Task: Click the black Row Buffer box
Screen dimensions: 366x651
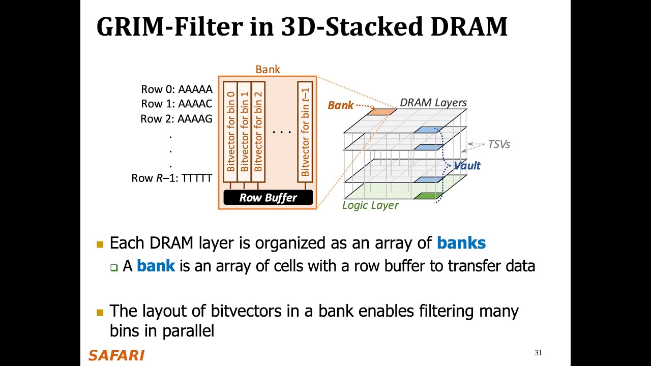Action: coord(268,197)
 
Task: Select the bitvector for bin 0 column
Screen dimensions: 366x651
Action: coord(230,132)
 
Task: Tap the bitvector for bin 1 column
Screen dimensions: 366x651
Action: coord(245,132)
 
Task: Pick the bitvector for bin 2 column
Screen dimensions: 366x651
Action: coord(258,132)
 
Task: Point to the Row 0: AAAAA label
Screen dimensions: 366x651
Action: coord(176,89)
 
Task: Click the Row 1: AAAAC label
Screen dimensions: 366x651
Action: coord(176,104)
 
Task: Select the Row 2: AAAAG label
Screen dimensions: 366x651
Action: coord(176,119)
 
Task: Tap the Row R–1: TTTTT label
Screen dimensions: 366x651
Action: coord(171,178)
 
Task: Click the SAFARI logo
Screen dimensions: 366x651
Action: coord(116,355)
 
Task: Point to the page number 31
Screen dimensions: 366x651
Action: coord(538,353)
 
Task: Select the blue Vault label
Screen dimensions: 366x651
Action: coord(467,166)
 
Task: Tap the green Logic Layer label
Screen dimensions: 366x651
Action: coord(370,205)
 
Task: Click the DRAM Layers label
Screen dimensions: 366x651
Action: coord(433,103)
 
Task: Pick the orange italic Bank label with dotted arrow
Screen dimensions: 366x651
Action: coord(340,105)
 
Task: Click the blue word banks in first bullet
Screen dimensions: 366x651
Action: coord(461,243)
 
